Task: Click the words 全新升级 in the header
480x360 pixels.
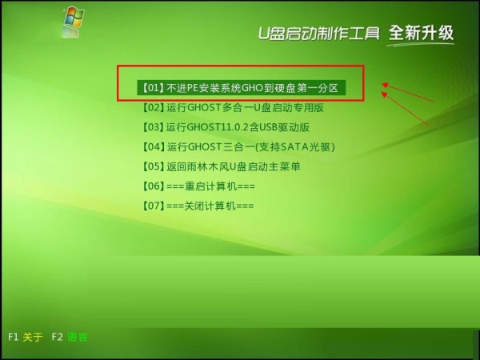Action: click(421, 33)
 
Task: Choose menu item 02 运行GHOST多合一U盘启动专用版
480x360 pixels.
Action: click(232, 107)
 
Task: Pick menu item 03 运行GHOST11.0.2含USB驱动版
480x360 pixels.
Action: click(225, 127)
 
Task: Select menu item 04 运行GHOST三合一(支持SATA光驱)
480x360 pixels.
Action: click(238, 146)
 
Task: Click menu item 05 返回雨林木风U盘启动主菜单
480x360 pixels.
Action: click(221, 166)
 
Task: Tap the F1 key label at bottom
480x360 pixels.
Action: click(13, 337)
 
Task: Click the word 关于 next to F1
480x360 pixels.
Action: click(33, 337)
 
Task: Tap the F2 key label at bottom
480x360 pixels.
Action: click(57, 337)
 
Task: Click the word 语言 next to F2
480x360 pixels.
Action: click(78, 337)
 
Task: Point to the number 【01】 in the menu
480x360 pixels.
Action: click(153, 86)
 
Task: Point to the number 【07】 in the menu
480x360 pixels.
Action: click(153, 206)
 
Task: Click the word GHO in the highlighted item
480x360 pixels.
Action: click(266, 86)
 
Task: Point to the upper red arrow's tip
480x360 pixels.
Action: click(382, 82)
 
